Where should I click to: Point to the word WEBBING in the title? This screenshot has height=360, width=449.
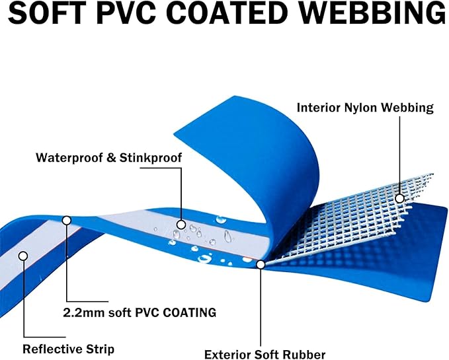click(370, 13)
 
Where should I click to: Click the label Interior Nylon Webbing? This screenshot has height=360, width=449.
click(365, 108)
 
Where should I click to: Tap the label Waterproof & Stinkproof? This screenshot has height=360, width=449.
click(109, 158)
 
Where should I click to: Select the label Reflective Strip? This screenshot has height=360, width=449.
click(68, 349)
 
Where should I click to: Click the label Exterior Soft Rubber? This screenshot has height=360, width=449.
click(265, 354)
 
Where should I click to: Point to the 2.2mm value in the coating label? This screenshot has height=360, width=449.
click(84, 312)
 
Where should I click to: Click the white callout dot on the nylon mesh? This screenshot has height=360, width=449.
click(399, 198)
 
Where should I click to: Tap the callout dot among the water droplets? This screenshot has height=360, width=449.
click(181, 225)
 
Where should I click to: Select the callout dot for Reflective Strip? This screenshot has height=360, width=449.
click(23, 256)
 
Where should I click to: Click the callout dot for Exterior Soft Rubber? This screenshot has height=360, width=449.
click(261, 265)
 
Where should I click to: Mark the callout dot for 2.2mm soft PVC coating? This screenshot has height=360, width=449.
click(67, 221)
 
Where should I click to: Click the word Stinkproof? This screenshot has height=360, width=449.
click(151, 158)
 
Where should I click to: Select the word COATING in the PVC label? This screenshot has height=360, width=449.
click(190, 312)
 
